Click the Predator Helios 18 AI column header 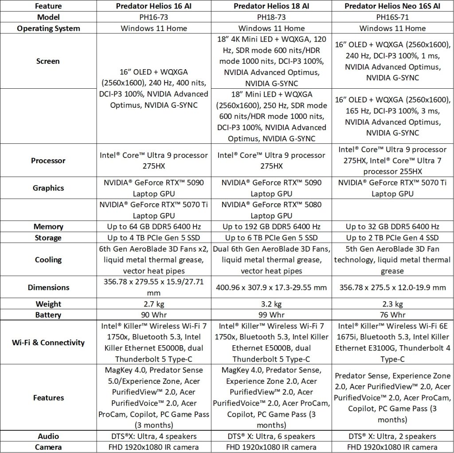(271, 6)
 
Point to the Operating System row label (48, 28)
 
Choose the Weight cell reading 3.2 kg (271, 304)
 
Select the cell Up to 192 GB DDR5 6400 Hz (271, 226)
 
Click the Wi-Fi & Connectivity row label (48, 343)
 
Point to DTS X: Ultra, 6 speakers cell (271, 436)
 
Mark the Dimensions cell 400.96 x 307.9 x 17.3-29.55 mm (271, 288)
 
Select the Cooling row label (48, 260)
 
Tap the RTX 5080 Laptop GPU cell (271, 210)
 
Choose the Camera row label (48, 447)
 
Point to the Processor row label (48, 161)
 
